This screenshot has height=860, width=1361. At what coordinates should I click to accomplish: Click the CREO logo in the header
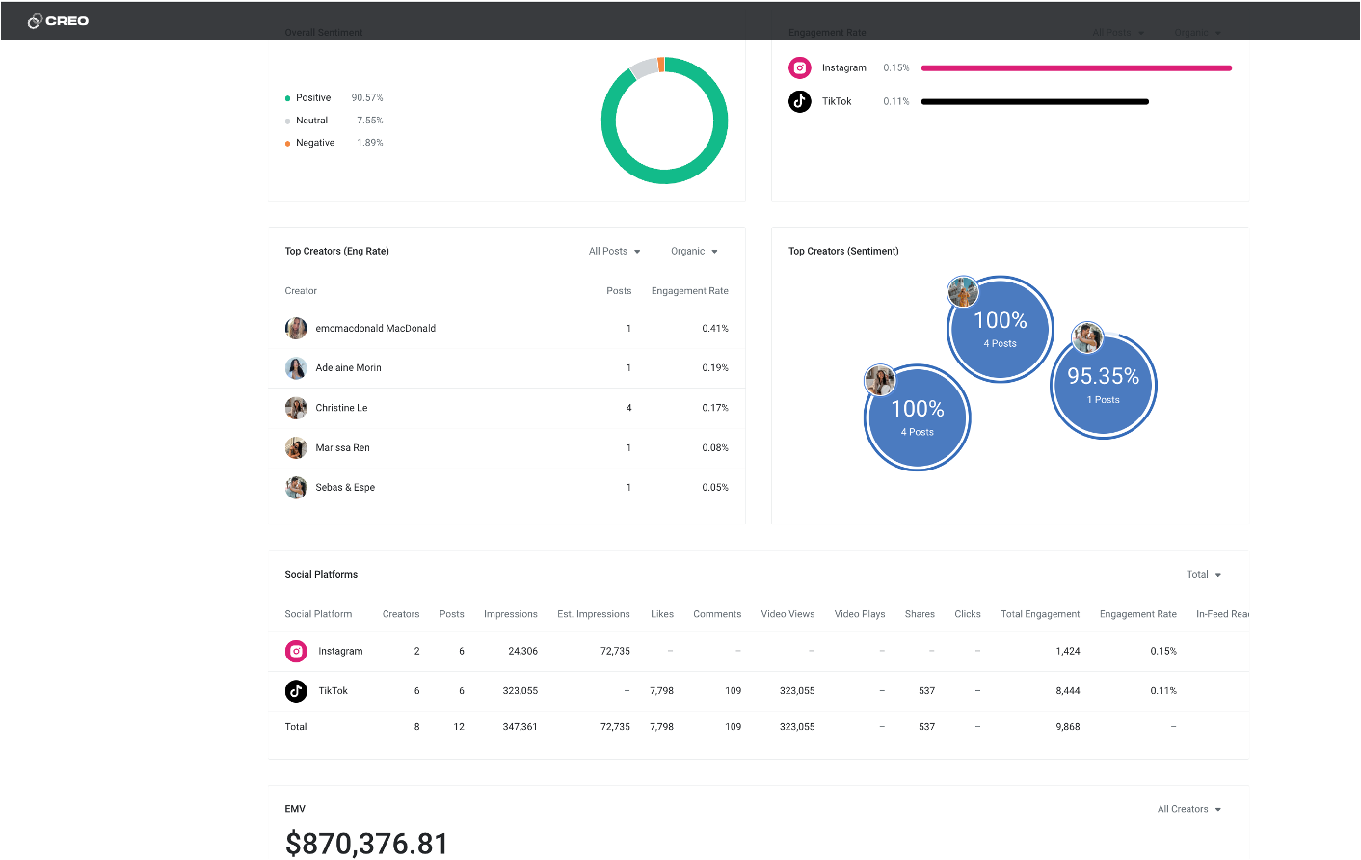click(59, 21)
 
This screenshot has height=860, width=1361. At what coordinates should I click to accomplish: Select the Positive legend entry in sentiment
click(312, 98)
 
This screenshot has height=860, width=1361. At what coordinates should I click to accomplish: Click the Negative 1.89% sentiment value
click(369, 143)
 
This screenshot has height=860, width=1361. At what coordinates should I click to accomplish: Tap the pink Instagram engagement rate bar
click(1076, 68)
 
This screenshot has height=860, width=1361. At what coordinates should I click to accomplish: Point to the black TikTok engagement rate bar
click(1034, 102)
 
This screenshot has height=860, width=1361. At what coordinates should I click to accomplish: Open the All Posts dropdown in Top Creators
click(614, 252)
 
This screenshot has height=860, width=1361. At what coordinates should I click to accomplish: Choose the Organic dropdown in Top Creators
click(694, 252)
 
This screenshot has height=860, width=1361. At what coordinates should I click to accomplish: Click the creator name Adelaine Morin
click(348, 368)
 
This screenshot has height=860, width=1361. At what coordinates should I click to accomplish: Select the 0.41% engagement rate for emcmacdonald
click(714, 329)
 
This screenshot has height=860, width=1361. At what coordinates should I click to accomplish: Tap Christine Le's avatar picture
click(296, 408)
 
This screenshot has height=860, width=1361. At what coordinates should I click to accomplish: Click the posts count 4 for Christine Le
click(628, 408)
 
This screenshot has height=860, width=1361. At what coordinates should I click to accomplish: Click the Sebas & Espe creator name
click(345, 488)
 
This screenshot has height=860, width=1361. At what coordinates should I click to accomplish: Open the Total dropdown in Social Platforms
click(1203, 575)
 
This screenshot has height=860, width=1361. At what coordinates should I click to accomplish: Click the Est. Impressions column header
click(593, 614)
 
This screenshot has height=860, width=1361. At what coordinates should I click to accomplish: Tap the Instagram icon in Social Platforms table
click(296, 652)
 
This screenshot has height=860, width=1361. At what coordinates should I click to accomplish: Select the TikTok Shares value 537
click(926, 691)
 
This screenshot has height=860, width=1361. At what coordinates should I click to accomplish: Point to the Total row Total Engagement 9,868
click(1067, 727)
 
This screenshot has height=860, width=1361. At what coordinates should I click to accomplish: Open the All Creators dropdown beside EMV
click(1188, 810)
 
